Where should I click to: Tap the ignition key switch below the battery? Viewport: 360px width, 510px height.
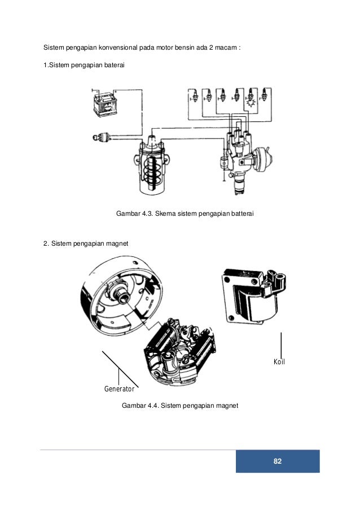100,137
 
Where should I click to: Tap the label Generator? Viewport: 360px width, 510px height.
119,389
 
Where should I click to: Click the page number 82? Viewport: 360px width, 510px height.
277,461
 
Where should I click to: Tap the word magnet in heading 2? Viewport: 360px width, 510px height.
118,243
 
